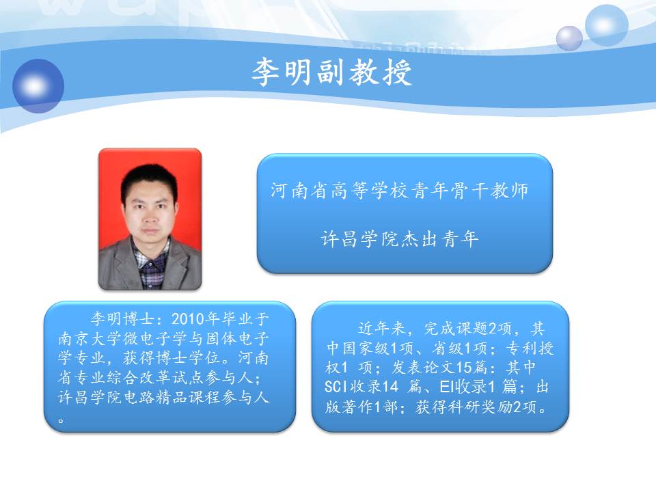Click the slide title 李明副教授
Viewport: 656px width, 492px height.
click(332, 72)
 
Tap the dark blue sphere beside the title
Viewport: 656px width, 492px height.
click(38, 86)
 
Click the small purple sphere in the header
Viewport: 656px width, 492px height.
click(569, 38)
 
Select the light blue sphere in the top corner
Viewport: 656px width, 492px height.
click(606, 25)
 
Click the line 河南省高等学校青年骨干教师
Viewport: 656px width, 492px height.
click(400, 191)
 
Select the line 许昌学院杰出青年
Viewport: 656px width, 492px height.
click(400, 239)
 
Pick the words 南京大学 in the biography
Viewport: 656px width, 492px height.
click(82, 338)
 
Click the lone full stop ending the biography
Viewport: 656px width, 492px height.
click(61, 420)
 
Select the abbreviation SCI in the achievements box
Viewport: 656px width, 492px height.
click(336, 386)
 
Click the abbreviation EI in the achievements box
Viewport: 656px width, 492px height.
click(447, 386)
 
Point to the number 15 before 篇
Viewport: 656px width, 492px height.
click(464, 367)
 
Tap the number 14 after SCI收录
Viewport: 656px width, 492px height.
click(389, 386)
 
